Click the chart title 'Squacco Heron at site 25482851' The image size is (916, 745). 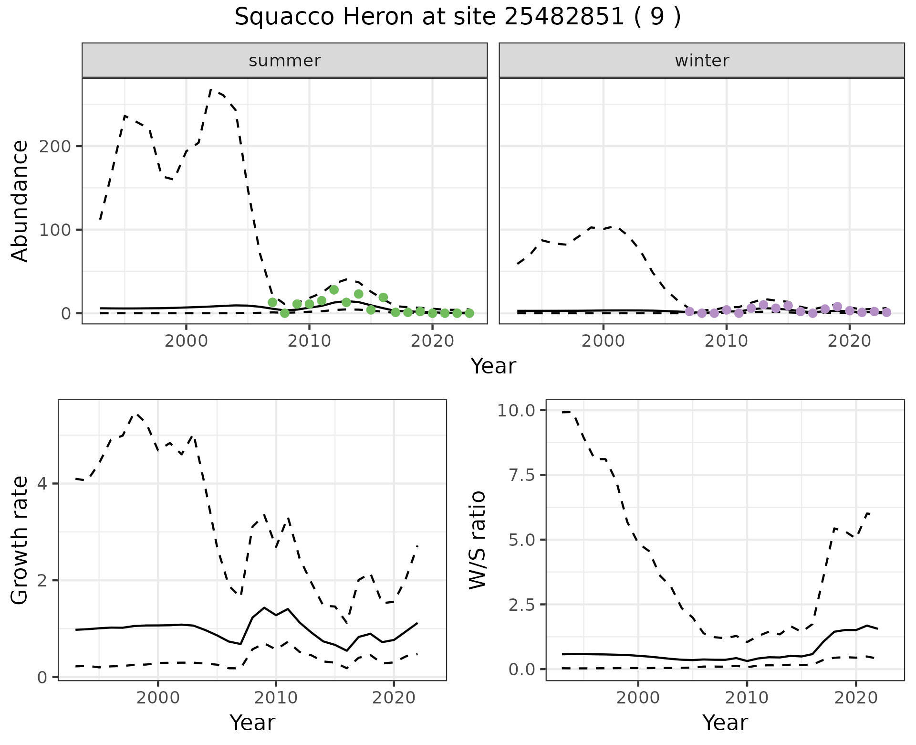click(458, 17)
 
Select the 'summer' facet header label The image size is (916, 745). click(285, 61)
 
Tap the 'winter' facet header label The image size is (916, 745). click(702, 61)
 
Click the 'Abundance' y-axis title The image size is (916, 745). click(20, 201)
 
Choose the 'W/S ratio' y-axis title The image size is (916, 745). click(477, 540)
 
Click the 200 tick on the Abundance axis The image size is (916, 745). click(58, 146)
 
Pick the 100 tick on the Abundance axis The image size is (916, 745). click(58, 230)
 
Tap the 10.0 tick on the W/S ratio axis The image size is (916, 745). click(517, 410)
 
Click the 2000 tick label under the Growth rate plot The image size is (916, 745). click(158, 698)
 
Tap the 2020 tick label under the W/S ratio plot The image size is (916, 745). click(856, 698)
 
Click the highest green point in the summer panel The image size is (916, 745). click(334, 290)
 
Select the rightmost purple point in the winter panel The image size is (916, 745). click(886, 312)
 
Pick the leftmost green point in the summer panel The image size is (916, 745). click(272, 302)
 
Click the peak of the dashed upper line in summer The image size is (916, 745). click(211, 89)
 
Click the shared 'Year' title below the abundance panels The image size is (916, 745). click(493, 366)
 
